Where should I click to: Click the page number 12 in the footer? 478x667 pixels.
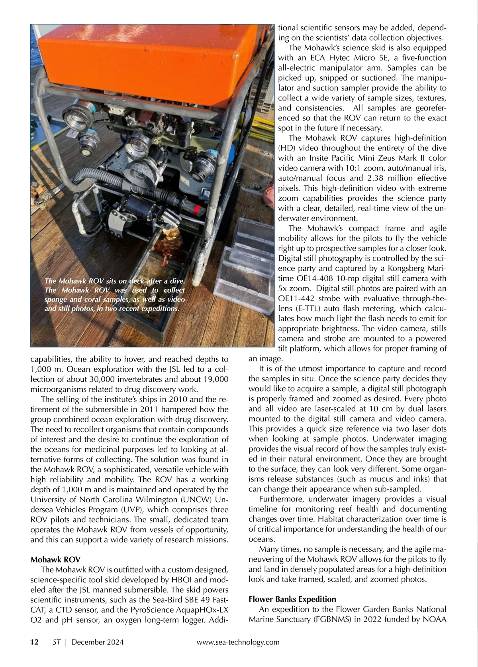(35, 642)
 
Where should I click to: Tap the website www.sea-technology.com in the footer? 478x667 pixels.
(238, 642)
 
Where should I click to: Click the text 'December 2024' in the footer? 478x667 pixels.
(98, 642)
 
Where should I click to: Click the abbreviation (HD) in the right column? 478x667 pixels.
(286, 148)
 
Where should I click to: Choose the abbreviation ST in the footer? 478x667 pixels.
(57, 642)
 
